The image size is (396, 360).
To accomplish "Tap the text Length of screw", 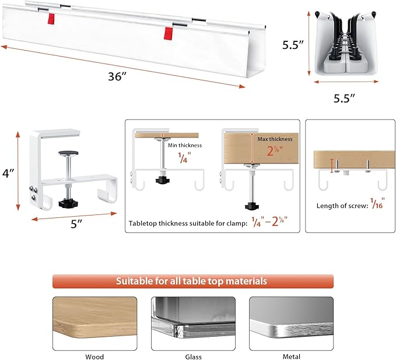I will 337,206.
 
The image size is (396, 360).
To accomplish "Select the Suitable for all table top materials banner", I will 192,281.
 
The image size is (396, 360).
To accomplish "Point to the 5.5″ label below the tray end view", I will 345,98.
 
